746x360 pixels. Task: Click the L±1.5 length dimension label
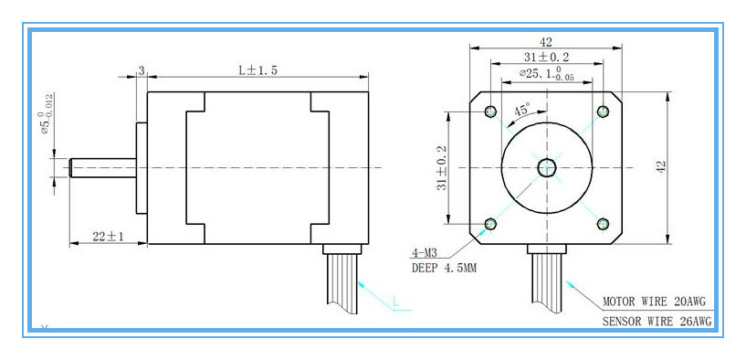click(x=257, y=70)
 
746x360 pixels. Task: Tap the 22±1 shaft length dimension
click(x=108, y=236)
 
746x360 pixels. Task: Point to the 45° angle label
click(x=521, y=111)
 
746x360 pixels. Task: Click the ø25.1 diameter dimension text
click(x=546, y=74)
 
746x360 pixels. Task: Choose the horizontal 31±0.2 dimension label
click(x=547, y=58)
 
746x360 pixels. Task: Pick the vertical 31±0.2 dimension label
click(x=442, y=167)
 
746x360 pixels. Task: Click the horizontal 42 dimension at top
click(x=546, y=42)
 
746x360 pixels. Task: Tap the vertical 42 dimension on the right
click(x=661, y=166)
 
